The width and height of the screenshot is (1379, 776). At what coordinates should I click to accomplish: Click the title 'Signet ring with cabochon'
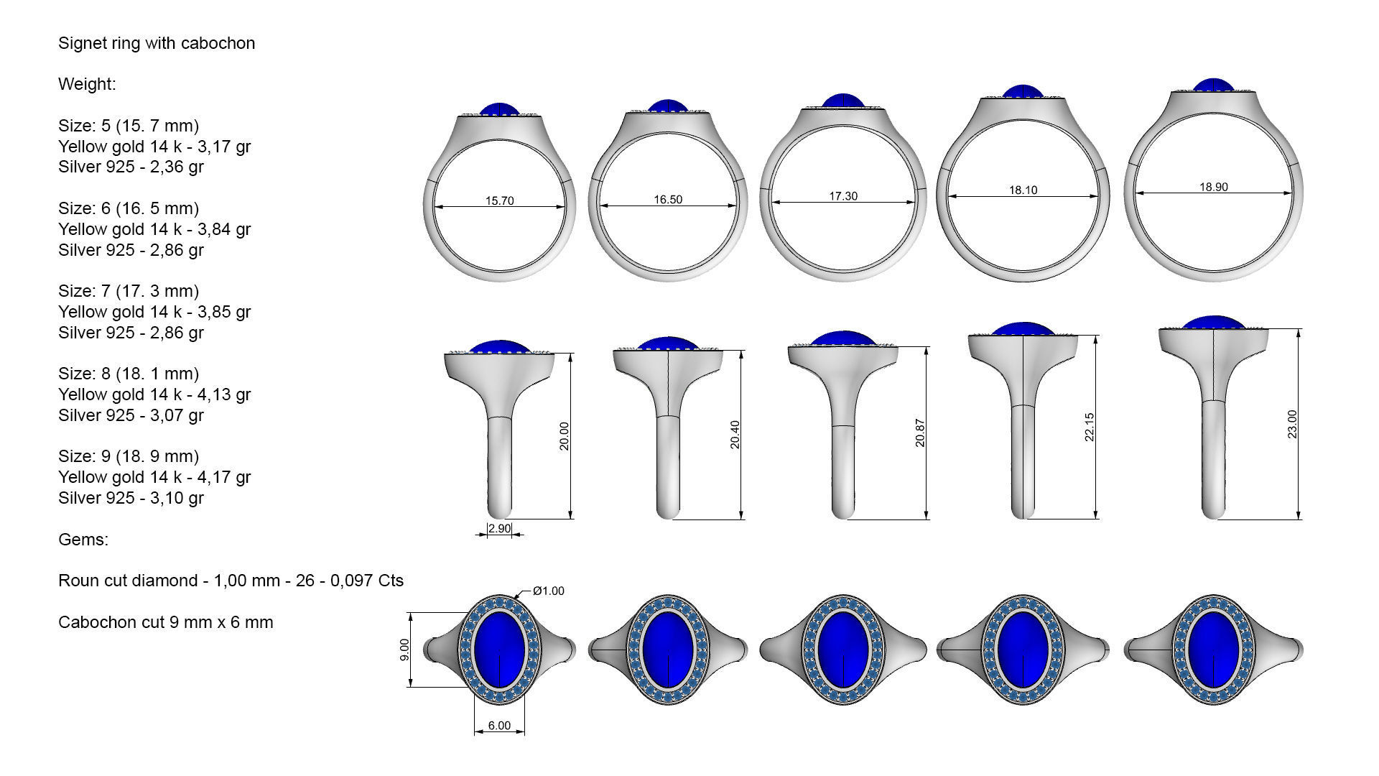coord(156,43)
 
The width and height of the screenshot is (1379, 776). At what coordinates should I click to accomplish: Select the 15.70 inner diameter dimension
coord(499,200)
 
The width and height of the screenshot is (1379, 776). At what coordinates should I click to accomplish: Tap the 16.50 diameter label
coord(668,199)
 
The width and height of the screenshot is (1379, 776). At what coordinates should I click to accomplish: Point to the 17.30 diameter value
coord(843,195)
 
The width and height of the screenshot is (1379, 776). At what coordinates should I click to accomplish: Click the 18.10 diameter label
coord(1023,190)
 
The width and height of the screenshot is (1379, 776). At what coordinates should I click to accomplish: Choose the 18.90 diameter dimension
coord(1213,187)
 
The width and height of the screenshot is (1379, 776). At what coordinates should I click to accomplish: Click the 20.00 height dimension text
coord(564,435)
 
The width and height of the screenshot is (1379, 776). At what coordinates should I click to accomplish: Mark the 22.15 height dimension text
coord(1089,427)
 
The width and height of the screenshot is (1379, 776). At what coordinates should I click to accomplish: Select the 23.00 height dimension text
coord(1292,424)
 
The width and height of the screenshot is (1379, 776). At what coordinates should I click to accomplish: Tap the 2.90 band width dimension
coord(499,529)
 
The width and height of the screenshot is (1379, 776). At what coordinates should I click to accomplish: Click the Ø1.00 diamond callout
coord(548,591)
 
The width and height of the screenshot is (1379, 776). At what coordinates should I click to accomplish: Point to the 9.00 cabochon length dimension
coord(404,650)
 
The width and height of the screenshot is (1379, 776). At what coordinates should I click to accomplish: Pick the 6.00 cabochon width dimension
coord(499,726)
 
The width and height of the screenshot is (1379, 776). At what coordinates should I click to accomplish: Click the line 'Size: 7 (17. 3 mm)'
coord(129,291)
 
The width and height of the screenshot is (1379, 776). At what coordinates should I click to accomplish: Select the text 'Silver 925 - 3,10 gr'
coord(131,498)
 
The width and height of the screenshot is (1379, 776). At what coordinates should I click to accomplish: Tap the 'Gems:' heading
coord(83,540)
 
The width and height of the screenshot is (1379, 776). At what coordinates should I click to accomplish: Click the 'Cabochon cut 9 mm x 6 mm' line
coord(165,622)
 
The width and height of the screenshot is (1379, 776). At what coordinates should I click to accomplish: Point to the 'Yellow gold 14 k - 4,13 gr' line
coord(154,394)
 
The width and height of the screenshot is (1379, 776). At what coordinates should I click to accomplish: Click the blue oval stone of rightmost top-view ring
coord(1213,649)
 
